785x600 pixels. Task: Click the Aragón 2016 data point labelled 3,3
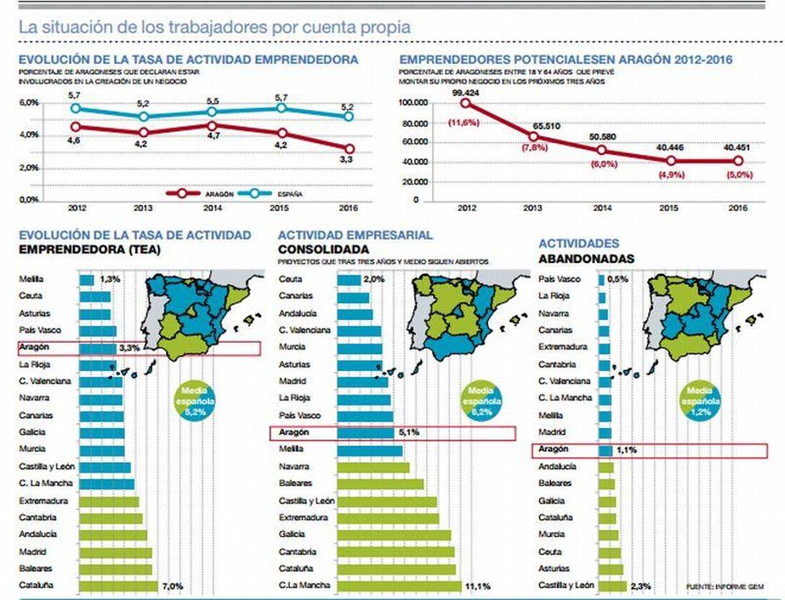coord(349,149)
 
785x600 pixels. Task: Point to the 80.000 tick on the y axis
coord(411,123)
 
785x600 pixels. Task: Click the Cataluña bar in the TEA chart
coord(118,586)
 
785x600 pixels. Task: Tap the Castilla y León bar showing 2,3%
coord(612,586)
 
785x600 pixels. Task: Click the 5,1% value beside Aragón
coord(408,432)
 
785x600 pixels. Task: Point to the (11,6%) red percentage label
coord(466,122)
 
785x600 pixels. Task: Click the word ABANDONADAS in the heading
coord(586,259)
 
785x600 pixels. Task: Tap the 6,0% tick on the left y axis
coord(29,103)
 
